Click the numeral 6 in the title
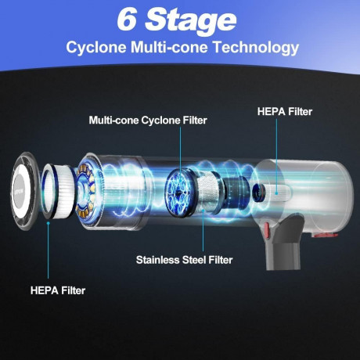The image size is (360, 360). [x=127, y=19]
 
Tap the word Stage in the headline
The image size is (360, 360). [x=191, y=22]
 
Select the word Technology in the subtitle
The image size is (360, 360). [x=256, y=48]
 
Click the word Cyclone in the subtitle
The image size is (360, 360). [x=96, y=47]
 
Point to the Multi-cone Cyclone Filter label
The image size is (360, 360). [x=148, y=121]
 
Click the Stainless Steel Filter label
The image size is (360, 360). [x=184, y=260]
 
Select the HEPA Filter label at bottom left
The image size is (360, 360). [x=58, y=290]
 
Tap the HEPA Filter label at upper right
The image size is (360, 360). [x=285, y=112]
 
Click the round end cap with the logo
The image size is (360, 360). [x=24, y=191]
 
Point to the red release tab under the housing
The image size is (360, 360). [x=325, y=236]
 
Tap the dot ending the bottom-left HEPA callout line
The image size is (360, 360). [x=48, y=223]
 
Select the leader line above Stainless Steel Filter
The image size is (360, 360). [x=203, y=230]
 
